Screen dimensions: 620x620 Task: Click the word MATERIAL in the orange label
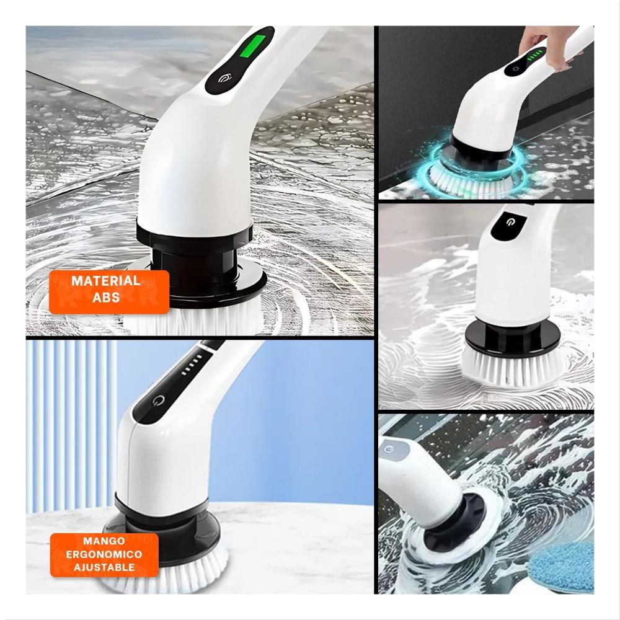click(x=105, y=281)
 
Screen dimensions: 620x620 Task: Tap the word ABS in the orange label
click(x=106, y=298)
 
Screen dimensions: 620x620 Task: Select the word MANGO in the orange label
click(x=104, y=541)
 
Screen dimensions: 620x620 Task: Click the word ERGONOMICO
click(x=104, y=554)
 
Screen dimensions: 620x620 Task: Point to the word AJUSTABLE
click(x=104, y=567)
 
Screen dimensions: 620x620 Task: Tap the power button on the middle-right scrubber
click(x=507, y=221)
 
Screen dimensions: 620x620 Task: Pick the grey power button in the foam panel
click(x=389, y=449)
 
